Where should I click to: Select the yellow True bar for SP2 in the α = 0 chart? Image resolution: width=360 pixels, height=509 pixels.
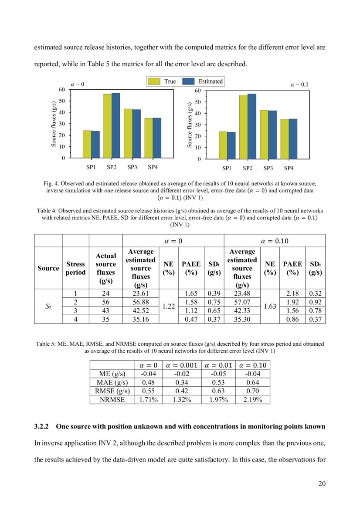click(107, 126)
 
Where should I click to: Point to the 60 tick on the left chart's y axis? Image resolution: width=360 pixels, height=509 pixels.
click(62, 89)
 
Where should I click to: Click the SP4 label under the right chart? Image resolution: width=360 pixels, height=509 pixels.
click(289, 169)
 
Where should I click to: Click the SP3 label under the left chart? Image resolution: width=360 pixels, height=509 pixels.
click(132, 167)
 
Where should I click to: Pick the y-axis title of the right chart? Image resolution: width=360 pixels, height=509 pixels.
click(190, 125)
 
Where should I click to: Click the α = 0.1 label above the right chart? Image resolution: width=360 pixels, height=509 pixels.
click(299, 84)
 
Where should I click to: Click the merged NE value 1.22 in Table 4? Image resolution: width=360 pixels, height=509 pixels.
click(168, 307)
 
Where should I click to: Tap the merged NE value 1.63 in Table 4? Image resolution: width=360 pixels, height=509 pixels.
click(270, 307)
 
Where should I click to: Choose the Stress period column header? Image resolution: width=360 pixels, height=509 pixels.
click(75, 268)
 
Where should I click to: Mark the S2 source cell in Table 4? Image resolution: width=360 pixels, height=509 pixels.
click(48, 307)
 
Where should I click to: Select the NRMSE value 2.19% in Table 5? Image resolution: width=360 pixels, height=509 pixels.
click(252, 400)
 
